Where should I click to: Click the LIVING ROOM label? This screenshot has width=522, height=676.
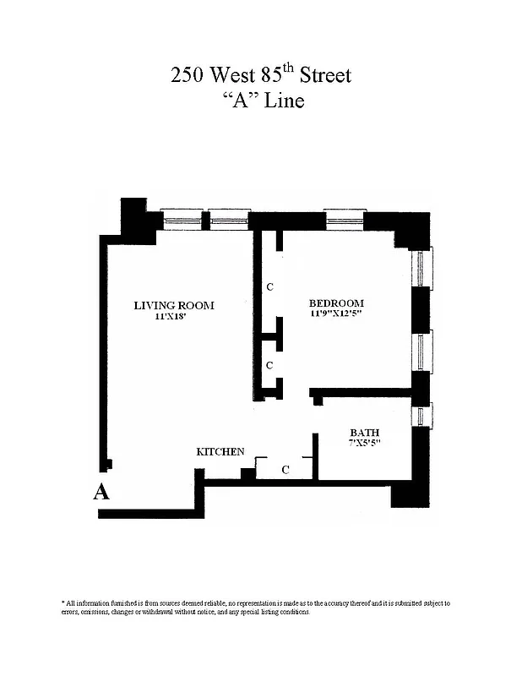(x=174, y=305)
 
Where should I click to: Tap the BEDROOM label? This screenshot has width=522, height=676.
(x=336, y=303)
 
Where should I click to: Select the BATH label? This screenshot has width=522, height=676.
(x=364, y=433)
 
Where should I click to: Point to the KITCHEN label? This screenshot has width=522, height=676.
(x=220, y=452)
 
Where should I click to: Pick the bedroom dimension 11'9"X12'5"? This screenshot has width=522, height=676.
(x=336, y=314)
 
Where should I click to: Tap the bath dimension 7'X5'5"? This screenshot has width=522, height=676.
(x=364, y=443)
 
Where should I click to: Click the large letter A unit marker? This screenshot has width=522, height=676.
(x=101, y=493)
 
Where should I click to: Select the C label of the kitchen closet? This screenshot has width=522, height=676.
(x=285, y=470)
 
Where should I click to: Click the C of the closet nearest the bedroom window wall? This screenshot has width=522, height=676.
(x=269, y=287)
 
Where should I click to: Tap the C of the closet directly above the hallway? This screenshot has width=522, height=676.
(x=269, y=365)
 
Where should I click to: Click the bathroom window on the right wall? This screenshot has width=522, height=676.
(x=421, y=416)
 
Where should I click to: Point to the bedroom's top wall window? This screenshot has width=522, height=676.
(x=345, y=221)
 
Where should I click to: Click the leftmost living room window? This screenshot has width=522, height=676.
(x=182, y=221)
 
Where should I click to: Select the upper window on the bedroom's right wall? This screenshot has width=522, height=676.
(x=421, y=268)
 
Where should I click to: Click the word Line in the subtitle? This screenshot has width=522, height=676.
(x=283, y=101)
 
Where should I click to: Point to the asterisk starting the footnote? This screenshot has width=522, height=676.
(x=63, y=602)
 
